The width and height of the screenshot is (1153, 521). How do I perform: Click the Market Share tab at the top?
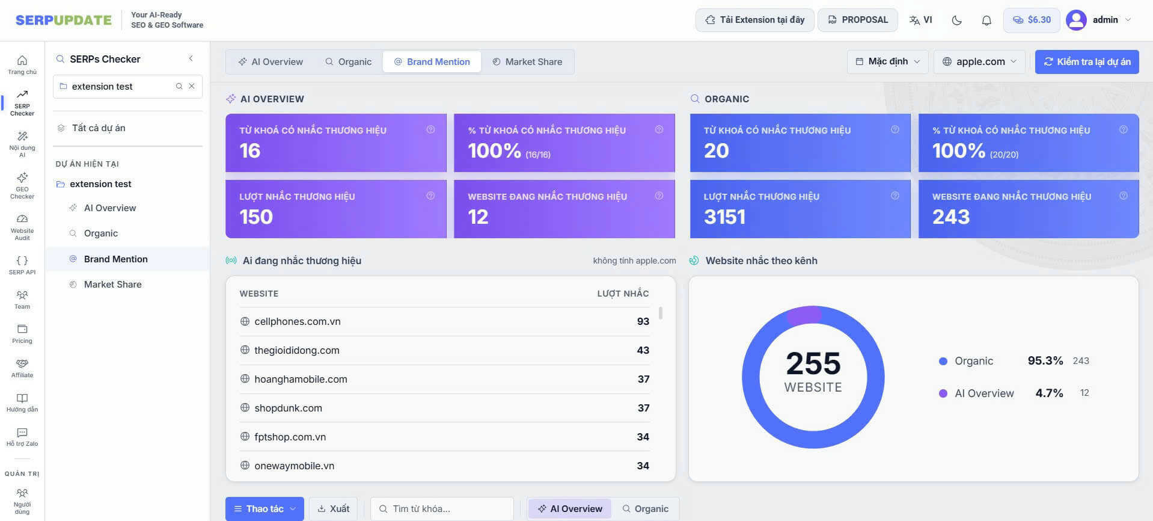pyautogui.click(x=527, y=61)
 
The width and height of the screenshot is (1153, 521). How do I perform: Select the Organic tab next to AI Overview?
pyautogui.click(x=348, y=61)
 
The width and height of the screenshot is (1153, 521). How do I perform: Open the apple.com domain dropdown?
pyautogui.click(x=979, y=61)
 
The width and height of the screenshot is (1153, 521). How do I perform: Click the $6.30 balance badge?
pyautogui.click(x=1031, y=20)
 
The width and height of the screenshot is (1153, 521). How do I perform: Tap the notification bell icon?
pyautogui.click(x=986, y=20)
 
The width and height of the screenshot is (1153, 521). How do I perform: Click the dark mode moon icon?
pyautogui.click(x=957, y=20)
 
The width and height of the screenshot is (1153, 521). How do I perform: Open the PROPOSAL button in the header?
pyautogui.click(x=857, y=20)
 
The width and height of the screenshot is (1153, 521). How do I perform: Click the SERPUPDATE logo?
pyautogui.click(x=64, y=20)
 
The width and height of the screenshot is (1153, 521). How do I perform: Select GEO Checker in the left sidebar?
pyautogui.click(x=22, y=185)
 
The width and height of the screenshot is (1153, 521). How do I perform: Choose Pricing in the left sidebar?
pyautogui.click(x=22, y=334)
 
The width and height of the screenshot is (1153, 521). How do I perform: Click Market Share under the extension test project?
pyautogui.click(x=112, y=285)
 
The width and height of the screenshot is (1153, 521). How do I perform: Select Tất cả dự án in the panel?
pyautogui.click(x=99, y=128)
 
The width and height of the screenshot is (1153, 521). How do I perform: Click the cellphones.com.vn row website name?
pyautogui.click(x=297, y=321)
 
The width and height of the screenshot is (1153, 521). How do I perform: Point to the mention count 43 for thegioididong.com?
pyautogui.click(x=643, y=350)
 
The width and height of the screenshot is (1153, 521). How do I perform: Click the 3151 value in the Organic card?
pyautogui.click(x=724, y=217)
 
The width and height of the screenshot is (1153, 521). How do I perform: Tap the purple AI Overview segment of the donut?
pyautogui.click(x=804, y=315)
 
